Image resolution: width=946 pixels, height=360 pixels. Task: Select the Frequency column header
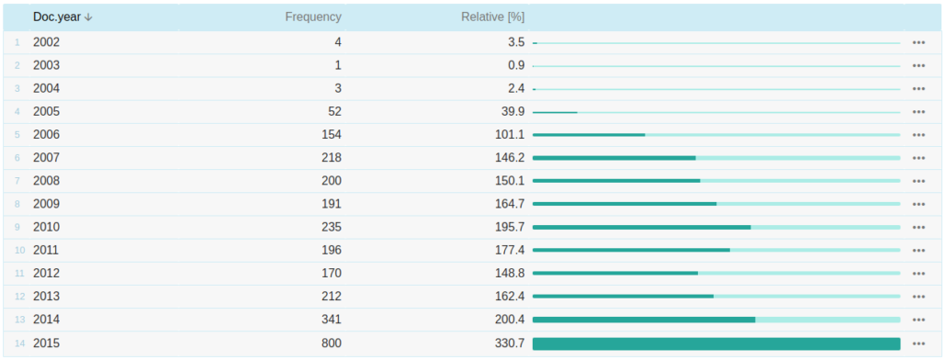(313, 17)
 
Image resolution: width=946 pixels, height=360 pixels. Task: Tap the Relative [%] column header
(492, 17)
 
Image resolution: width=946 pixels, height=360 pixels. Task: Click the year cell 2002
(46, 42)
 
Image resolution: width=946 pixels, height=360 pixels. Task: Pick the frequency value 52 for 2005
(333, 112)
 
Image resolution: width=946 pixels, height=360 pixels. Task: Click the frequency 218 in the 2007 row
(330, 158)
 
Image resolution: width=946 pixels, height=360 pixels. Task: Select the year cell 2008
(46, 181)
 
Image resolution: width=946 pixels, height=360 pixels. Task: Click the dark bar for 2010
(641, 227)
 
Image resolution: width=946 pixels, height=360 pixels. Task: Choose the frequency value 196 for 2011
(330, 250)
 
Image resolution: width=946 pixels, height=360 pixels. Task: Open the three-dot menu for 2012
(918, 273)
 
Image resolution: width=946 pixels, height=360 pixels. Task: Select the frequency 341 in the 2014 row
(330, 320)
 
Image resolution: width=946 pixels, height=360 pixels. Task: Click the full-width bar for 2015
(716, 343)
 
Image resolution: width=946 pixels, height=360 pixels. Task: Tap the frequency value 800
(330, 343)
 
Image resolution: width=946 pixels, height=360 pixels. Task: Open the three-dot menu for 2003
(918, 65)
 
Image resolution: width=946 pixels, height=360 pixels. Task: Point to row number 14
(19, 343)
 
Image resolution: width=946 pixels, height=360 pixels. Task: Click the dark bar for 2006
(589, 135)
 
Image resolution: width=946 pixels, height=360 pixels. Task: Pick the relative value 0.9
(516, 65)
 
